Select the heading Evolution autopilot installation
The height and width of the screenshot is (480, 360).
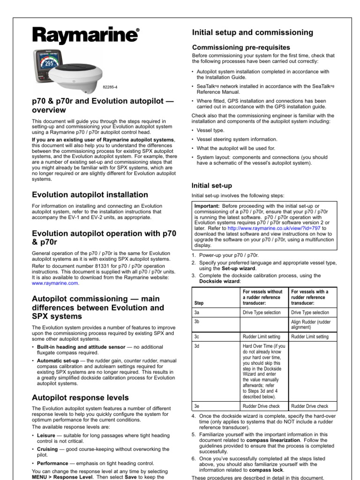click(90, 195)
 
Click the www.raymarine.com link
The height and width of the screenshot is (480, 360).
click(55, 283)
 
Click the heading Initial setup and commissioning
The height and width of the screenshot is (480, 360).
click(253, 32)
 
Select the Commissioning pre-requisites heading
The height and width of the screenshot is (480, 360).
click(241, 47)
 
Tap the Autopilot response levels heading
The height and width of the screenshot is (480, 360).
click(80, 397)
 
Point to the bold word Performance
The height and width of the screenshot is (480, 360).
click(52, 463)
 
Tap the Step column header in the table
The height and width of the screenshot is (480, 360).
click(199, 303)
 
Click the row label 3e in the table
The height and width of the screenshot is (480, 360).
click(197, 406)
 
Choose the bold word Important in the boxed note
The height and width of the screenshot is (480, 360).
click(208, 206)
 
